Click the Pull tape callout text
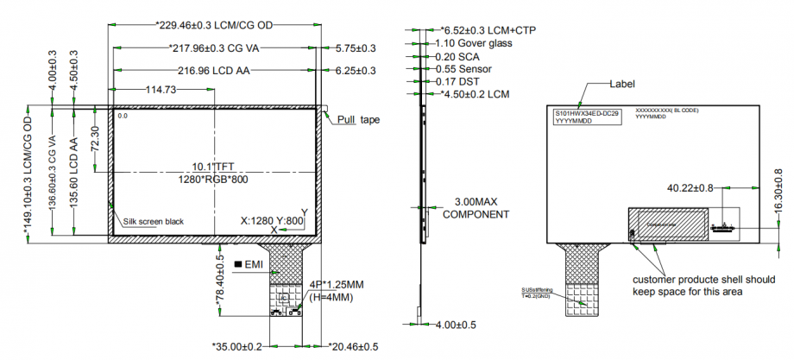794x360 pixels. pos(358,120)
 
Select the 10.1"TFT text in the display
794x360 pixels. pos(214,166)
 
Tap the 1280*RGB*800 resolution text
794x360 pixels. pos(214,179)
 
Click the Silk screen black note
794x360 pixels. pos(154,222)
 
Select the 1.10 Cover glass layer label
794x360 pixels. pos(474,43)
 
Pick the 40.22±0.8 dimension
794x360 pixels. pos(690,186)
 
